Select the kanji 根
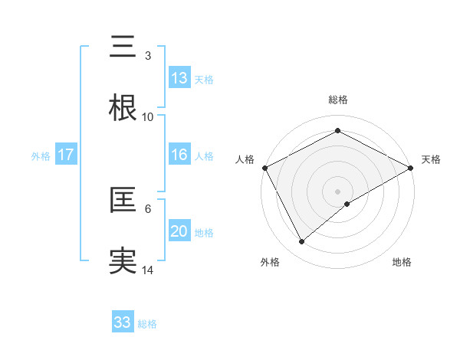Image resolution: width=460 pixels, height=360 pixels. pos(123,108)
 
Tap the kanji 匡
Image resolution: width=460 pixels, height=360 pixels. pos(123,201)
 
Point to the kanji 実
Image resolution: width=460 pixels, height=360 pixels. pos(123,261)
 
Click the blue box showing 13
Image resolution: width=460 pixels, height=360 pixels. pos(179,77)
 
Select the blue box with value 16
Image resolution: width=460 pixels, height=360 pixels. pos(179,155)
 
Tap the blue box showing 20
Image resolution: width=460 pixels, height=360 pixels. pos(179,231)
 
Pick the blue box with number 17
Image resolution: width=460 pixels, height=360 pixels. pos(66,155)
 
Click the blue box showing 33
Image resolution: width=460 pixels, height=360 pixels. pos(123,322)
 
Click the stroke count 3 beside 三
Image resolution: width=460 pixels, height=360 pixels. pos(148,55)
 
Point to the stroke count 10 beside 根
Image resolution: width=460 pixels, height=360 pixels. pos(148,117)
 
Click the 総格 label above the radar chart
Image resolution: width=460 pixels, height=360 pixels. pos(337,100)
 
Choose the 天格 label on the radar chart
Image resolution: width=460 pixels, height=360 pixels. pos(431,159)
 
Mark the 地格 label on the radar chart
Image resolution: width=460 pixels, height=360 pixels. pos(402,262)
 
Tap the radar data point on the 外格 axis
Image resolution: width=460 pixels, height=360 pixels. pos(302,242)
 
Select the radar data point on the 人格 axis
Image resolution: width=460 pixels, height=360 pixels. pos(264,168)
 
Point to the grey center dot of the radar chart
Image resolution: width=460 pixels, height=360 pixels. pos(337,191)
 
